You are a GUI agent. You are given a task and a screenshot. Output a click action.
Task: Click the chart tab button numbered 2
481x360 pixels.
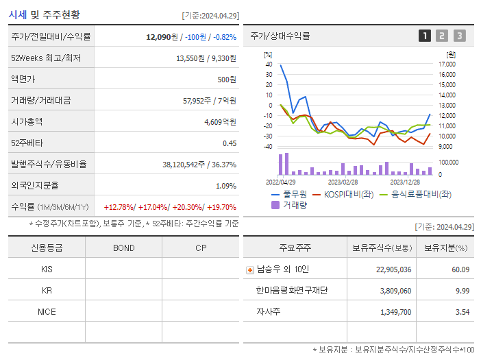tap(442, 36)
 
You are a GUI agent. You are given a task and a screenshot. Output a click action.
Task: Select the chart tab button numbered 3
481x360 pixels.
tap(459, 36)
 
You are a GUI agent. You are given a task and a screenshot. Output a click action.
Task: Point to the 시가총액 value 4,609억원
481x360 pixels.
tap(220, 121)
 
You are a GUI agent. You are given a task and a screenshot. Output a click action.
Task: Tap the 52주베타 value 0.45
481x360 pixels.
tap(229, 143)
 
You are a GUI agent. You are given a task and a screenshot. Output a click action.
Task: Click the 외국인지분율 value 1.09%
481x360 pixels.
tap(225, 185)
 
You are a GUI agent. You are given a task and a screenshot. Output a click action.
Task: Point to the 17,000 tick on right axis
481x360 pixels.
tap(447, 64)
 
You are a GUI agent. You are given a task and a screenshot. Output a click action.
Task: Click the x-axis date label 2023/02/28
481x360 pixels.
tap(343, 182)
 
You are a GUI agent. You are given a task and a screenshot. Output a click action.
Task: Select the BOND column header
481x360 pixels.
tap(123, 248)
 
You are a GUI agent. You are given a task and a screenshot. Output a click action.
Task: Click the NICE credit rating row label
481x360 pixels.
tap(47, 312)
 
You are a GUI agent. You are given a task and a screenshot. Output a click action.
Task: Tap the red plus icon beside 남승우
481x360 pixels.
tap(250, 269)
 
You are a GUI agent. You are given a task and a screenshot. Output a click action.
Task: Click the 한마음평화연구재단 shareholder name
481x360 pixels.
tap(292, 291)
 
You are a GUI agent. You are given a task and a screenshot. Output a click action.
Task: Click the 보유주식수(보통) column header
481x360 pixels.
tap(382, 248)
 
